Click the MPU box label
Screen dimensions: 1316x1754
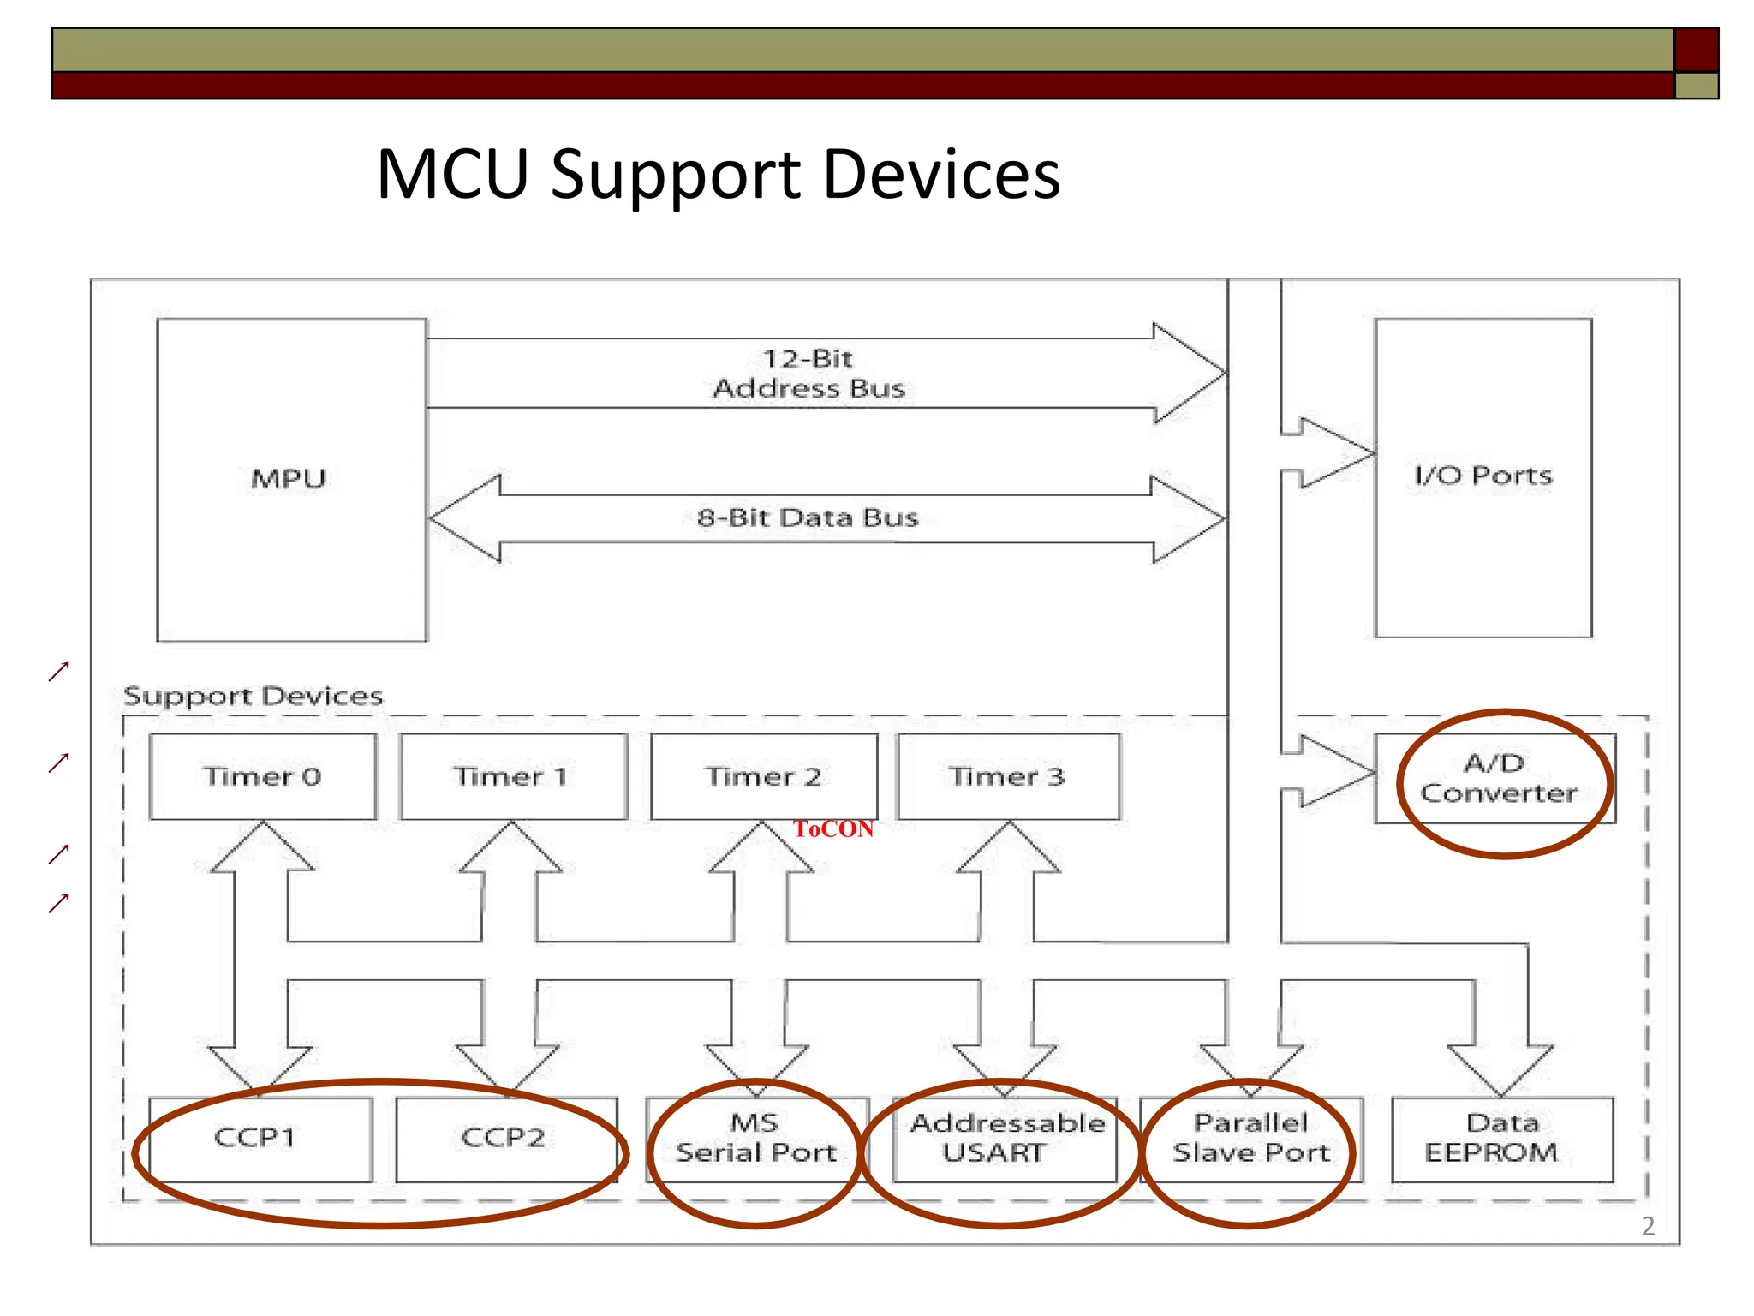(289, 478)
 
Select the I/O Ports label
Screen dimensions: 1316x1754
(1483, 475)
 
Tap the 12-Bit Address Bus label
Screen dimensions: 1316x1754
(808, 374)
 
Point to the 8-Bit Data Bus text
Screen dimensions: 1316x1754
(807, 517)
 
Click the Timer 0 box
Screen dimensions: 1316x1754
(262, 776)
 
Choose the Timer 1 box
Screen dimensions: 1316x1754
(512, 776)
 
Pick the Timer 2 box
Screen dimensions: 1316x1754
(763, 776)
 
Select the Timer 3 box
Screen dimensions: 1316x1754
(1007, 776)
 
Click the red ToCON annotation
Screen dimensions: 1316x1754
(832, 828)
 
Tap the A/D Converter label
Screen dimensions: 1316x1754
(1498, 778)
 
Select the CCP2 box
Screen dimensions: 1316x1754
(504, 1138)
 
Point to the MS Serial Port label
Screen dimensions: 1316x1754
(755, 1138)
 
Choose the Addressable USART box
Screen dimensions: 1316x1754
(1005, 1138)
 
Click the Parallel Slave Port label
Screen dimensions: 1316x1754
(1250, 1138)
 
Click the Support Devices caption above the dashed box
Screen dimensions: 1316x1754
(253, 696)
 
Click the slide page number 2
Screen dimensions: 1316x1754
(1648, 1226)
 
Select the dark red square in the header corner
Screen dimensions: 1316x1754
(1696, 50)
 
